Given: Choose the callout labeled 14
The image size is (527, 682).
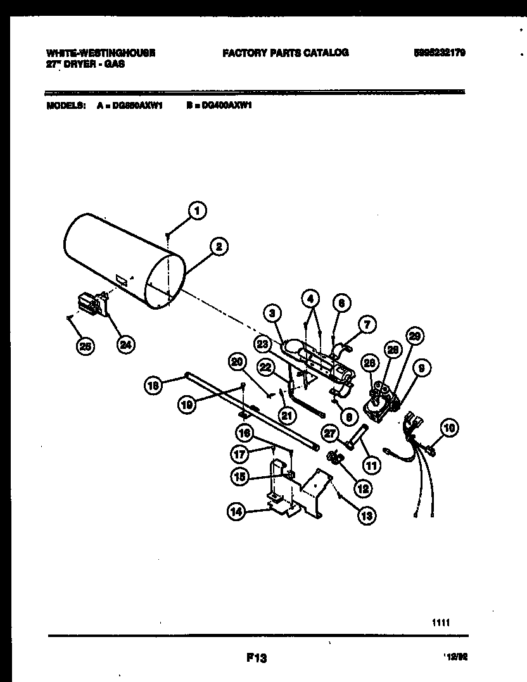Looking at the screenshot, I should (x=236, y=514).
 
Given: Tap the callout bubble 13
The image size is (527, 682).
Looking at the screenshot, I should (x=366, y=515).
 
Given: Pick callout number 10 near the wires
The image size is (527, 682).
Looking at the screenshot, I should (x=449, y=429).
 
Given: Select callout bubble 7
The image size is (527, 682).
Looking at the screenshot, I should (x=366, y=325).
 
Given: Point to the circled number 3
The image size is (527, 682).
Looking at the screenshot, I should (x=273, y=312).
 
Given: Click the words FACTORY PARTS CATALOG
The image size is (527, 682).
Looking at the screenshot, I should (x=285, y=53).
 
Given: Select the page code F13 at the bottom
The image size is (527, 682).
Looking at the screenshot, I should (x=256, y=659).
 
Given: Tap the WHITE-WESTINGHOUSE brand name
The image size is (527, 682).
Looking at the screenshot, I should (x=101, y=53).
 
